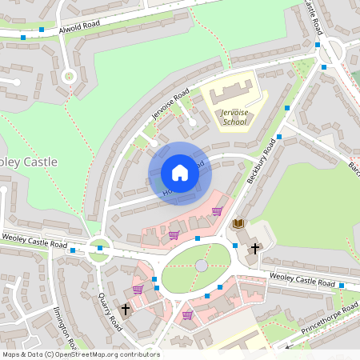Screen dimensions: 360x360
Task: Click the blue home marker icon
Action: [180, 173]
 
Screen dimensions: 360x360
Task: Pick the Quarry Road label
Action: [110, 311]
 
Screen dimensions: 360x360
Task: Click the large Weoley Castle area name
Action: [30, 162]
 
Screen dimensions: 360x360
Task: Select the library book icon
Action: [238, 223]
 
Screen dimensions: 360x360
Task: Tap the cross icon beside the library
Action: [254, 249]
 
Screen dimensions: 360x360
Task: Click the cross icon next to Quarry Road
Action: [125, 309]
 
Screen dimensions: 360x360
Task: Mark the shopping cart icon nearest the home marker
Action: [217, 211]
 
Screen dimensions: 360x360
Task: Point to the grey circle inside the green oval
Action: [202, 266]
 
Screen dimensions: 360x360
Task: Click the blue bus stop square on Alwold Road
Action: [23, 38]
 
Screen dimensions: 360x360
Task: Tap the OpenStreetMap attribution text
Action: [80, 354]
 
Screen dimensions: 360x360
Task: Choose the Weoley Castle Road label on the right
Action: [302, 279]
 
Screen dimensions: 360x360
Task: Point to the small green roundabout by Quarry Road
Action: [99, 248]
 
